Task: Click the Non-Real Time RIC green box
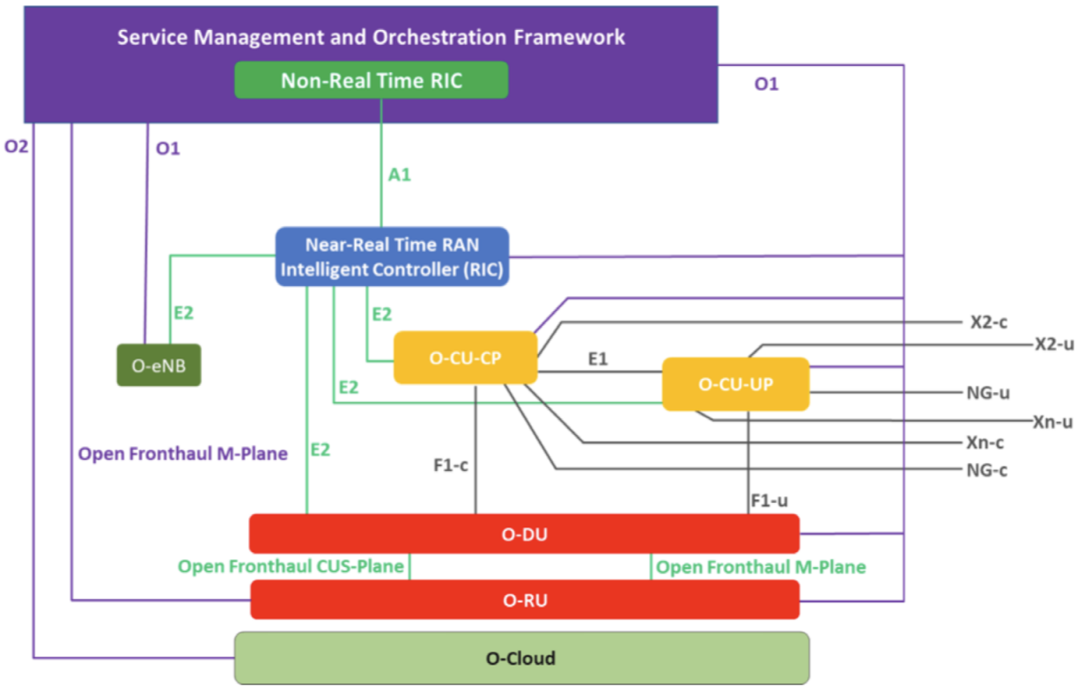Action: (x=371, y=80)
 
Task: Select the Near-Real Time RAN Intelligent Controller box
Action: (x=392, y=256)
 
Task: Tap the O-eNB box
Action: (x=159, y=365)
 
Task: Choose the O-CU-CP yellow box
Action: (x=465, y=358)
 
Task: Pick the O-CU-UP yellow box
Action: (x=734, y=384)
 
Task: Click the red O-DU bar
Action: (x=524, y=534)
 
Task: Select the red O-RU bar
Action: (x=524, y=600)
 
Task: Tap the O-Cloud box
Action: (x=520, y=658)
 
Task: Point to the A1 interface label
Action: (x=400, y=175)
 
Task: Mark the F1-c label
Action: (x=450, y=465)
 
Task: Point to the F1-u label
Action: (x=769, y=500)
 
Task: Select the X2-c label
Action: (x=988, y=322)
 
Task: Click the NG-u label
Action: (x=987, y=392)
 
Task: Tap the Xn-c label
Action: (x=985, y=442)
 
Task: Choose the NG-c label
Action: (x=986, y=470)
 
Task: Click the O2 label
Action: (x=16, y=147)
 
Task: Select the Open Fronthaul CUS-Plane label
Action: (x=291, y=566)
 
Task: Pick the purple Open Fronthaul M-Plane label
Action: (x=183, y=454)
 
